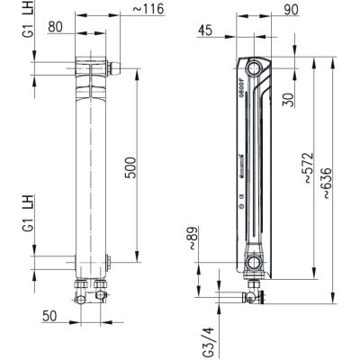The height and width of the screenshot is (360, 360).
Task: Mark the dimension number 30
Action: point(287,97)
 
